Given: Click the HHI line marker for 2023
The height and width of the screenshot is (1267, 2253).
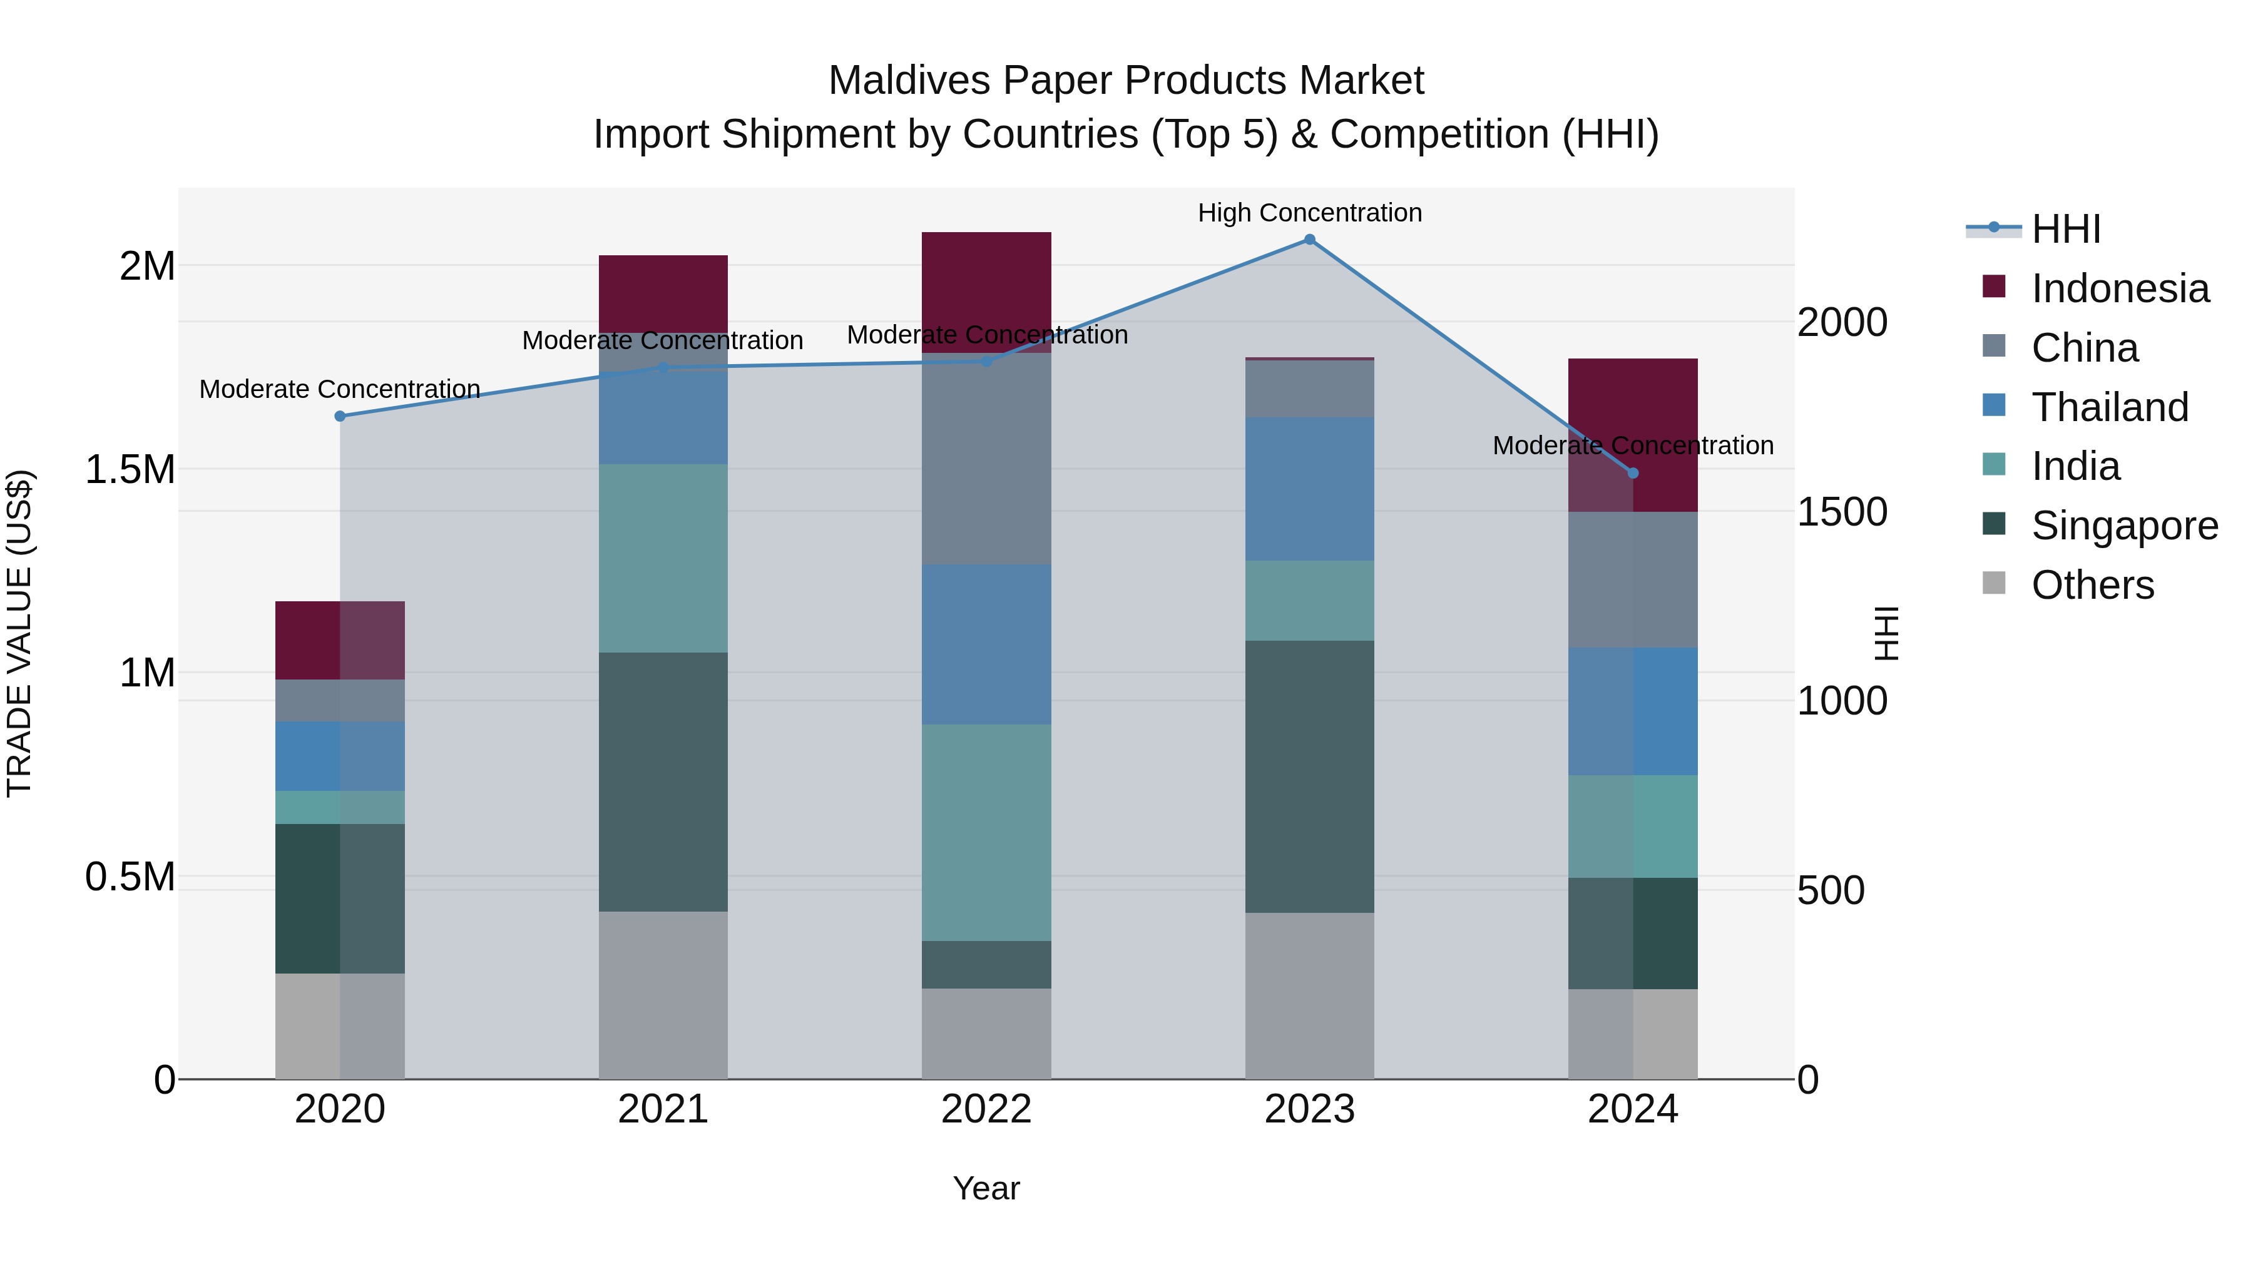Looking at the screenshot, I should click(x=1309, y=240).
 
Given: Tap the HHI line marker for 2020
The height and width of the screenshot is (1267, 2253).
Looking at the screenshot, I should click(x=340, y=416).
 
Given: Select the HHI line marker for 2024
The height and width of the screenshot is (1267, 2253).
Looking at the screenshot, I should click(x=1632, y=473).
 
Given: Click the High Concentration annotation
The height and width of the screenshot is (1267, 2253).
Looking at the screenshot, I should click(x=1309, y=213).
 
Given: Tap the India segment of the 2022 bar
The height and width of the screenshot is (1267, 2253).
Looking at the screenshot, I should click(x=986, y=832).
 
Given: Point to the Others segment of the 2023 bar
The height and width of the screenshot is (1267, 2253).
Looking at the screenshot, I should click(x=1309, y=996).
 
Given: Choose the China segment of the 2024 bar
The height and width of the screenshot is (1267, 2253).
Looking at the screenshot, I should click(x=1632, y=580).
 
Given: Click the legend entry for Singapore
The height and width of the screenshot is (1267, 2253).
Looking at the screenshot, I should click(x=2123, y=526).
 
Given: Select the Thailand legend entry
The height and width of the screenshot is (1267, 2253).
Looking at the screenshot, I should click(x=2108, y=407).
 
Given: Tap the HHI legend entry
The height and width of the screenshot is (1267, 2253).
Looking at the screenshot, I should click(x=2065, y=229).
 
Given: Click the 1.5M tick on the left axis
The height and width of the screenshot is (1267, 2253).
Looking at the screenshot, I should click(x=130, y=469).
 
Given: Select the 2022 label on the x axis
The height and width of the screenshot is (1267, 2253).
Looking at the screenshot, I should click(x=986, y=1109).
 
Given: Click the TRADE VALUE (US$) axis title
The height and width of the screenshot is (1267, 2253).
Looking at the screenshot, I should click(x=19, y=633).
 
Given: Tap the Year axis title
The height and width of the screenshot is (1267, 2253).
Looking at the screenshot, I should click(x=986, y=1188).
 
